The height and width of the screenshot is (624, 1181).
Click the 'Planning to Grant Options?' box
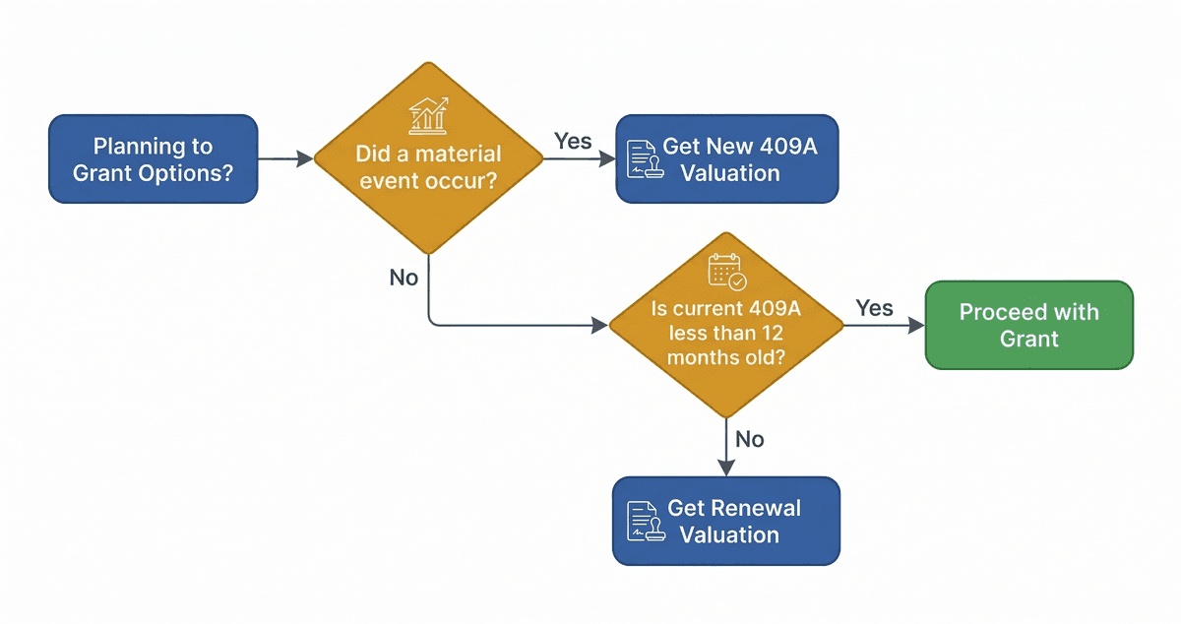click(x=153, y=159)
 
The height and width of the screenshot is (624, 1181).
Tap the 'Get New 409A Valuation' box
click(x=726, y=159)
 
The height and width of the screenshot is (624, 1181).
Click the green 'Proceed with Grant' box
click(x=1028, y=325)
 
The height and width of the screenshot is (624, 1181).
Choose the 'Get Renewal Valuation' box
click(x=726, y=522)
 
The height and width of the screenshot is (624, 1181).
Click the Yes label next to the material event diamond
click(x=573, y=141)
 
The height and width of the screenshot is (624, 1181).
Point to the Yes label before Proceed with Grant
click(x=874, y=308)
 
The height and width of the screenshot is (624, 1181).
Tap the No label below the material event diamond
click(x=404, y=278)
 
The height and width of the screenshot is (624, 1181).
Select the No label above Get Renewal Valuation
click(x=750, y=439)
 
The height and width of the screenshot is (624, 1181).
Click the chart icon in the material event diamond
click(x=429, y=115)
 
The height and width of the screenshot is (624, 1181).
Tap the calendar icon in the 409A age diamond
click(x=726, y=271)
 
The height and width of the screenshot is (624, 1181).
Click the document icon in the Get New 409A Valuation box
click(x=642, y=159)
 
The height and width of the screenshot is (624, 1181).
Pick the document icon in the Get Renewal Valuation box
click(x=642, y=522)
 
